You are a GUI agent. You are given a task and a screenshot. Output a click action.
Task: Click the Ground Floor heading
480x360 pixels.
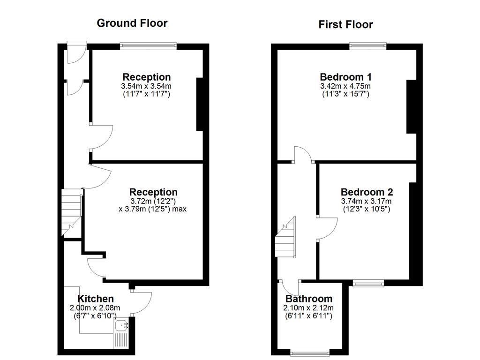[132, 23]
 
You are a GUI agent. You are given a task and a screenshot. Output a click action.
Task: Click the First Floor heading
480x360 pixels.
[345, 24]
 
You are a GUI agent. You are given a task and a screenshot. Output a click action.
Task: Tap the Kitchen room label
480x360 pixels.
[95, 299]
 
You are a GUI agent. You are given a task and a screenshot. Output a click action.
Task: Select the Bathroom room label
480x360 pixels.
[309, 299]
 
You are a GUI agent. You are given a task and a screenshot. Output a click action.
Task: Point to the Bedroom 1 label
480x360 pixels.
[345, 77]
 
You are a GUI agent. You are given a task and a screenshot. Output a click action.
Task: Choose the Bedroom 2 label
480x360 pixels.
[367, 192]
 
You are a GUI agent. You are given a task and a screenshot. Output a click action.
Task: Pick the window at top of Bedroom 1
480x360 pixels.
[367, 46]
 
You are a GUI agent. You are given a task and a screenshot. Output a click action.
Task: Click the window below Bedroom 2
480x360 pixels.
[368, 283]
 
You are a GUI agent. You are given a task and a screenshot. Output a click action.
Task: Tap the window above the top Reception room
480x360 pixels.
[148, 46]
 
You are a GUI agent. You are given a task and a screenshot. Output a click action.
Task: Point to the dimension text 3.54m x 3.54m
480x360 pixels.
[146, 86]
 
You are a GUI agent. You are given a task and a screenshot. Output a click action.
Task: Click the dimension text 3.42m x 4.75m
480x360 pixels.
[345, 86]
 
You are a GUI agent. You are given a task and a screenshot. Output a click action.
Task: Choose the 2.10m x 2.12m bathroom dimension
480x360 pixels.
[309, 308]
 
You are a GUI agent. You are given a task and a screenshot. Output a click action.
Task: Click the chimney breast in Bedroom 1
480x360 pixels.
[411, 107]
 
